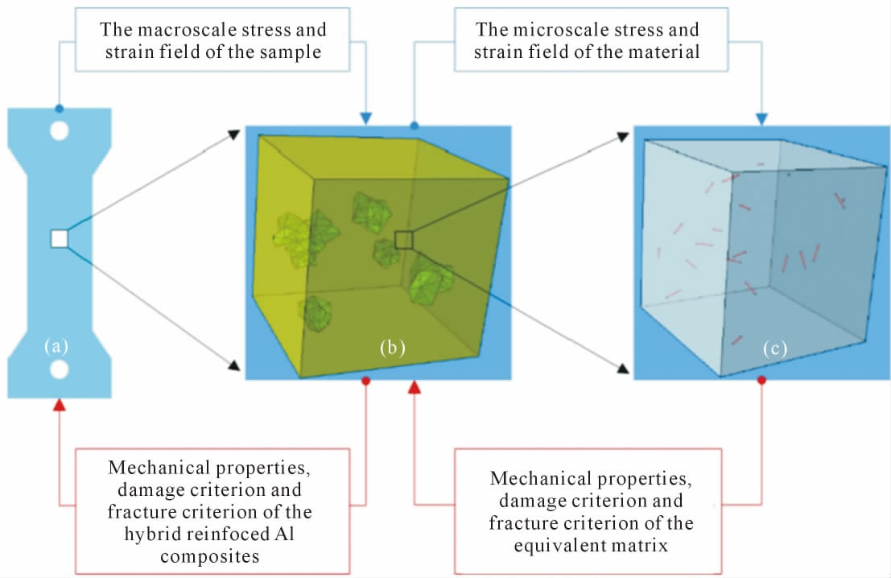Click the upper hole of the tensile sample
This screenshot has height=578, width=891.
tap(60, 130)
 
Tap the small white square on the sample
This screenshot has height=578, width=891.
tap(60, 238)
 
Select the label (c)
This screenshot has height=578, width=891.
tap(775, 349)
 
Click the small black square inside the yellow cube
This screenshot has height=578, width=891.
tap(404, 239)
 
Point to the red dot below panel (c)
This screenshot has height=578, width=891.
tap(761, 379)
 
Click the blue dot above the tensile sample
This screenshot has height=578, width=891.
tap(60, 108)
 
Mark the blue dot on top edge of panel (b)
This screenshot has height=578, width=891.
tap(415, 126)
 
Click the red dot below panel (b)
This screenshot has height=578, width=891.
tap(366, 380)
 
